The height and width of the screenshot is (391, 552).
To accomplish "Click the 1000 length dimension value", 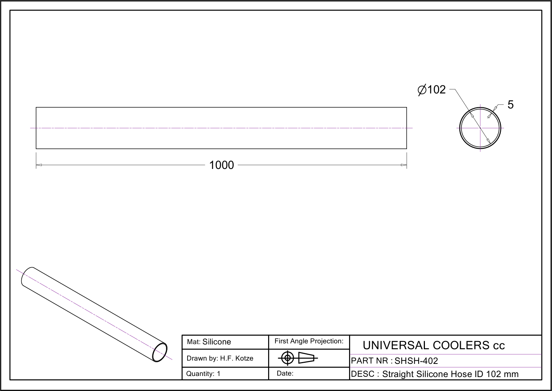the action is click(x=221, y=165).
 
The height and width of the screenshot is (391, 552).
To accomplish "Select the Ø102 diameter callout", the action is click(x=432, y=90).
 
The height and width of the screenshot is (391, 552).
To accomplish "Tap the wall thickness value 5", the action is click(x=510, y=104).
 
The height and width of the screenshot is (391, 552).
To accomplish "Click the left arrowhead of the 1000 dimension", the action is click(x=39, y=165).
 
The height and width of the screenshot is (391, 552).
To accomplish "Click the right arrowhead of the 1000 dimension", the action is click(x=404, y=165).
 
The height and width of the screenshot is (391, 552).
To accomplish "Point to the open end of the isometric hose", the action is click(x=160, y=352).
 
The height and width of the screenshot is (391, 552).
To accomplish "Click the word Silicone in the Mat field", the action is click(x=216, y=342).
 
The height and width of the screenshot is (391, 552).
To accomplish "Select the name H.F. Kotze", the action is click(x=237, y=358).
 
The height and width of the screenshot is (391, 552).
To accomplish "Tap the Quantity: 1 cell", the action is click(x=203, y=374).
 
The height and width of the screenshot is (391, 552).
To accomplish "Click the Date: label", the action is click(x=285, y=373).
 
